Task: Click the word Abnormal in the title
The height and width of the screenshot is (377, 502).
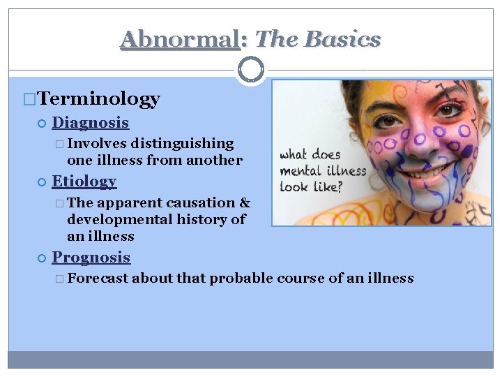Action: tap(179, 39)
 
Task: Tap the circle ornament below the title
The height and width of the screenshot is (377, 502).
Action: tap(251, 70)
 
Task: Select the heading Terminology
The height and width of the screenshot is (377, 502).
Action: tap(98, 99)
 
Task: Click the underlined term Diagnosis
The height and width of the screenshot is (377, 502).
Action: tap(91, 123)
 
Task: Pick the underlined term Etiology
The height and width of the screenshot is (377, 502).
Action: tap(84, 182)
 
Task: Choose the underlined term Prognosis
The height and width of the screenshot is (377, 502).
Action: tap(91, 258)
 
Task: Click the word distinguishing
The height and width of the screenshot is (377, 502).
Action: tap(183, 144)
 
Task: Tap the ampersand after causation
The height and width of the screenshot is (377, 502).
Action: tap(245, 203)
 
